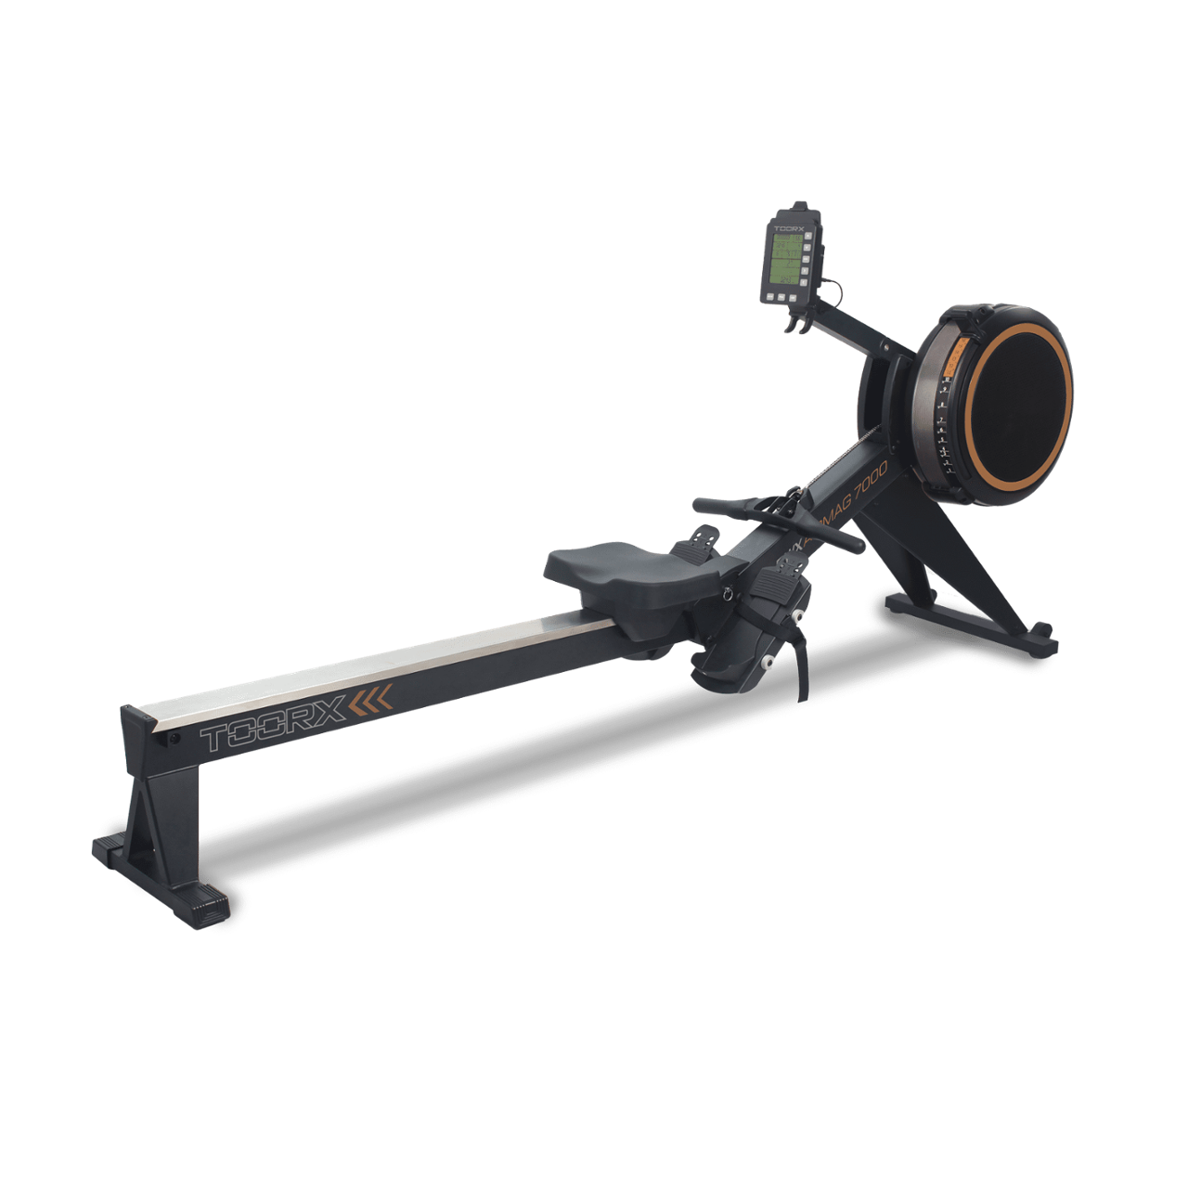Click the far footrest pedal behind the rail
[703, 536]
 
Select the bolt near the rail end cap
[174, 740]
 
